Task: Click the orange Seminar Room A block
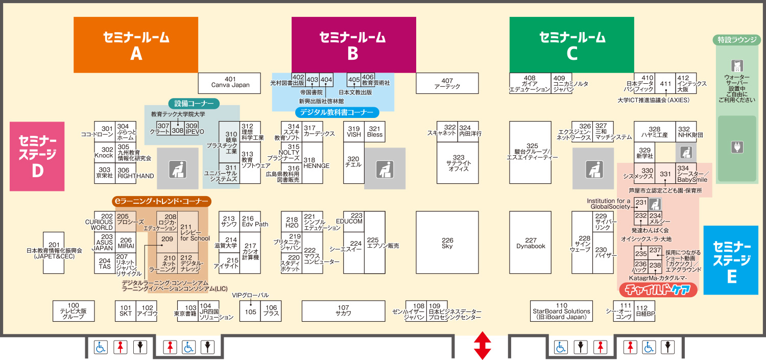(136, 45)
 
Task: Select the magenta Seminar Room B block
(353, 45)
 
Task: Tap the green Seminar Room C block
(572, 45)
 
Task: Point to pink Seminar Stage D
(37, 156)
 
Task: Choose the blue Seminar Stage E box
(731, 260)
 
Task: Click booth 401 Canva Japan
(230, 83)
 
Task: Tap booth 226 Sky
(447, 243)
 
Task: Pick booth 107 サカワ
(343, 311)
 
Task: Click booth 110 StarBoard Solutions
(561, 311)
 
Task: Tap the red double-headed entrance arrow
(482, 346)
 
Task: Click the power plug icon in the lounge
(736, 148)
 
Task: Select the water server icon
(736, 66)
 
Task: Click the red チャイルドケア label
(658, 290)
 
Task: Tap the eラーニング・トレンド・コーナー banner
(161, 202)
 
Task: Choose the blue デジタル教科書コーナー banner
(337, 112)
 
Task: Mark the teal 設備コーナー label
(194, 103)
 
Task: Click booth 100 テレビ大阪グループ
(74, 311)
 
